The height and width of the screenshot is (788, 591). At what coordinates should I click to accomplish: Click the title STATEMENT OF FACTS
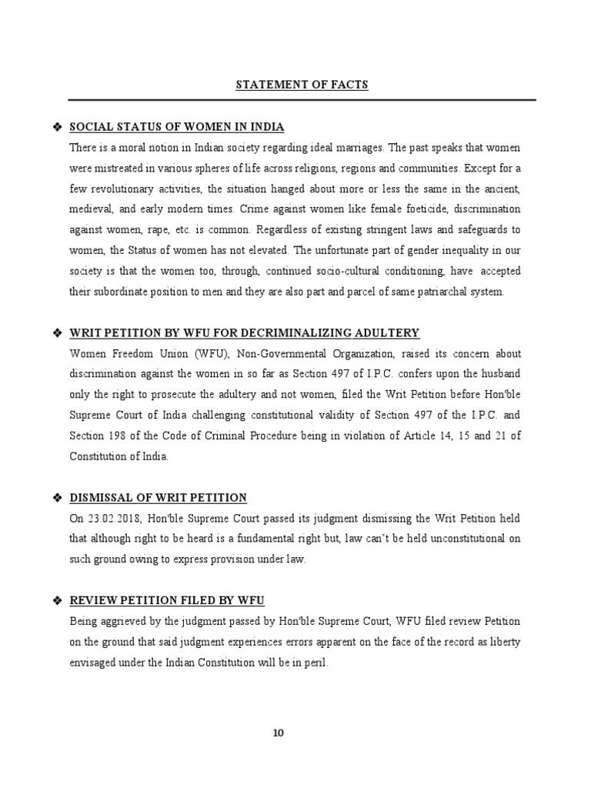pyautogui.click(x=302, y=85)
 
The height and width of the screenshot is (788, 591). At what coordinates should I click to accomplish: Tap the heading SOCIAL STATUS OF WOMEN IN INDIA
pyautogui.click(x=177, y=127)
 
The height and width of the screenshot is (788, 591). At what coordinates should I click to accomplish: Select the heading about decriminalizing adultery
pyautogui.click(x=245, y=333)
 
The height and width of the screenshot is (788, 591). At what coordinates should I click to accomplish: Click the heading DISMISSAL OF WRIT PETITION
pyautogui.click(x=159, y=498)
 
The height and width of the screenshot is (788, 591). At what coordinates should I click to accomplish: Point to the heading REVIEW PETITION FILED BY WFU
pyautogui.click(x=167, y=600)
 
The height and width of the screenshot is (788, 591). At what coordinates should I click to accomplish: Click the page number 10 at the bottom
pyautogui.click(x=279, y=733)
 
